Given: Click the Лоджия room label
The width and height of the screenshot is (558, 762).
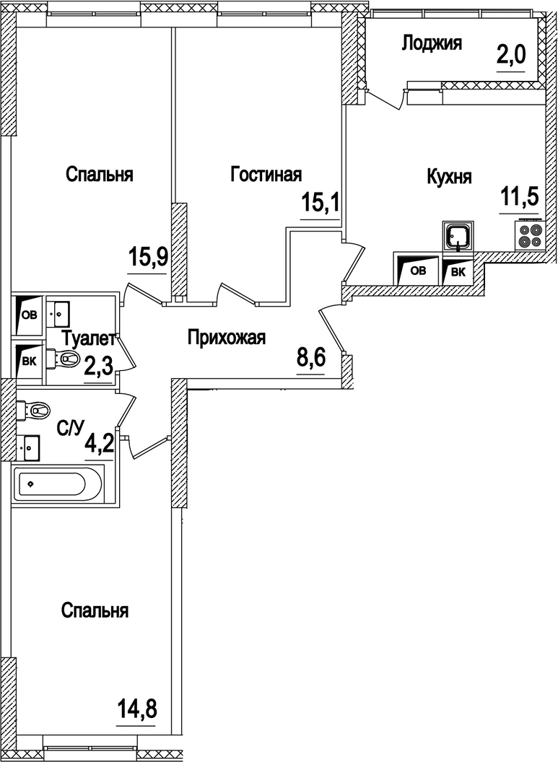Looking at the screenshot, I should click(431, 44).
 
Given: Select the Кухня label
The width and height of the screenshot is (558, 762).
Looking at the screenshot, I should click(449, 177).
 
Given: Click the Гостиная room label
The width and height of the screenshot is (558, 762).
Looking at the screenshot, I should click(266, 175).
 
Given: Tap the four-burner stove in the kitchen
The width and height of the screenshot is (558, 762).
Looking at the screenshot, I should click(529, 235).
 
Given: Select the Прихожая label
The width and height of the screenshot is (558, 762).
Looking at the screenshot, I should click(227, 337).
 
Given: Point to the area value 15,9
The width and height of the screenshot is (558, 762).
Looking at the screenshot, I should click(149, 257).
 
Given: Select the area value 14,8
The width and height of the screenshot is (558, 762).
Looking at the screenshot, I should click(136, 710).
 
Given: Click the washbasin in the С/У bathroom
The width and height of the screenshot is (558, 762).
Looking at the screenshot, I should click(30, 447).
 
